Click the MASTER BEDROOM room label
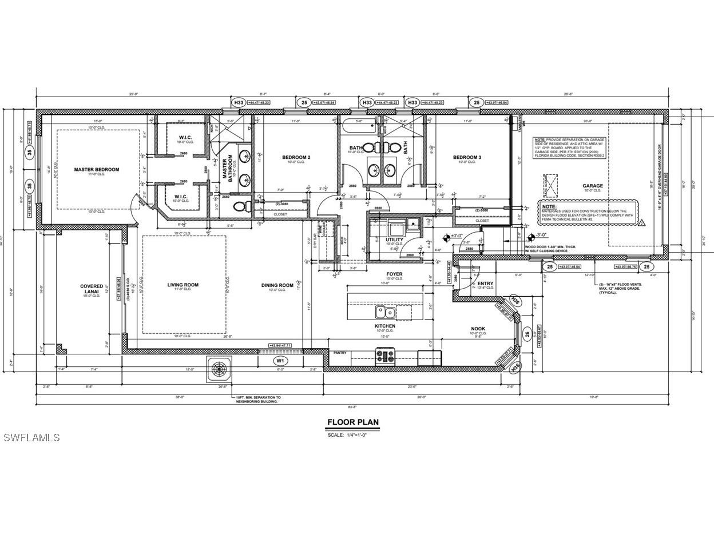pyautogui.click(x=97, y=169)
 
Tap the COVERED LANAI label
pyautogui.click(x=92, y=289)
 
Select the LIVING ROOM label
pyautogui.click(x=183, y=285)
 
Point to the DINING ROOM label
pyautogui.click(x=277, y=285)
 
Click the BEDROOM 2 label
pyautogui.click(x=296, y=157)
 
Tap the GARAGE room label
pyautogui.click(x=593, y=186)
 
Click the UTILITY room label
pyautogui.click(x=394, y=239)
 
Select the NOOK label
pyautogui.click(x=478, y=329)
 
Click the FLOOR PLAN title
pyautogui.click(x=352, y=423)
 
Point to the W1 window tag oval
pyautogui.click(x=280, y=361)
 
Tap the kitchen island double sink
pyautogui.click(x=385, y=312)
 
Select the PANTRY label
pyautogui.click(x=340, y=353)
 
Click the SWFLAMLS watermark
pyautogui.click(x=31, y=438)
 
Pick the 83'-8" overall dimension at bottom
pyautogui.click(x=352, y=407)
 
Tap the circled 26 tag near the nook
pyautogui.click(x=527, y=336)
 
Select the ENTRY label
pyautogui.click(x=485, y=284)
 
